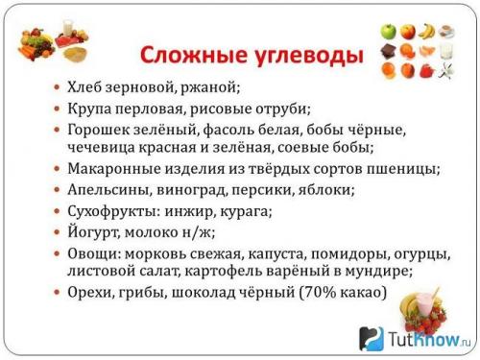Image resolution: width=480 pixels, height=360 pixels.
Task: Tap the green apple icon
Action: click(388, 32)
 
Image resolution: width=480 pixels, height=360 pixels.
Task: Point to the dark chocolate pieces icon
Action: click(388, 51)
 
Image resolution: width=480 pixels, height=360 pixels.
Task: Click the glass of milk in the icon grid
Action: click(446, 50)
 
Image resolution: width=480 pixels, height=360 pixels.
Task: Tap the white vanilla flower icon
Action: click(446, 70)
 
